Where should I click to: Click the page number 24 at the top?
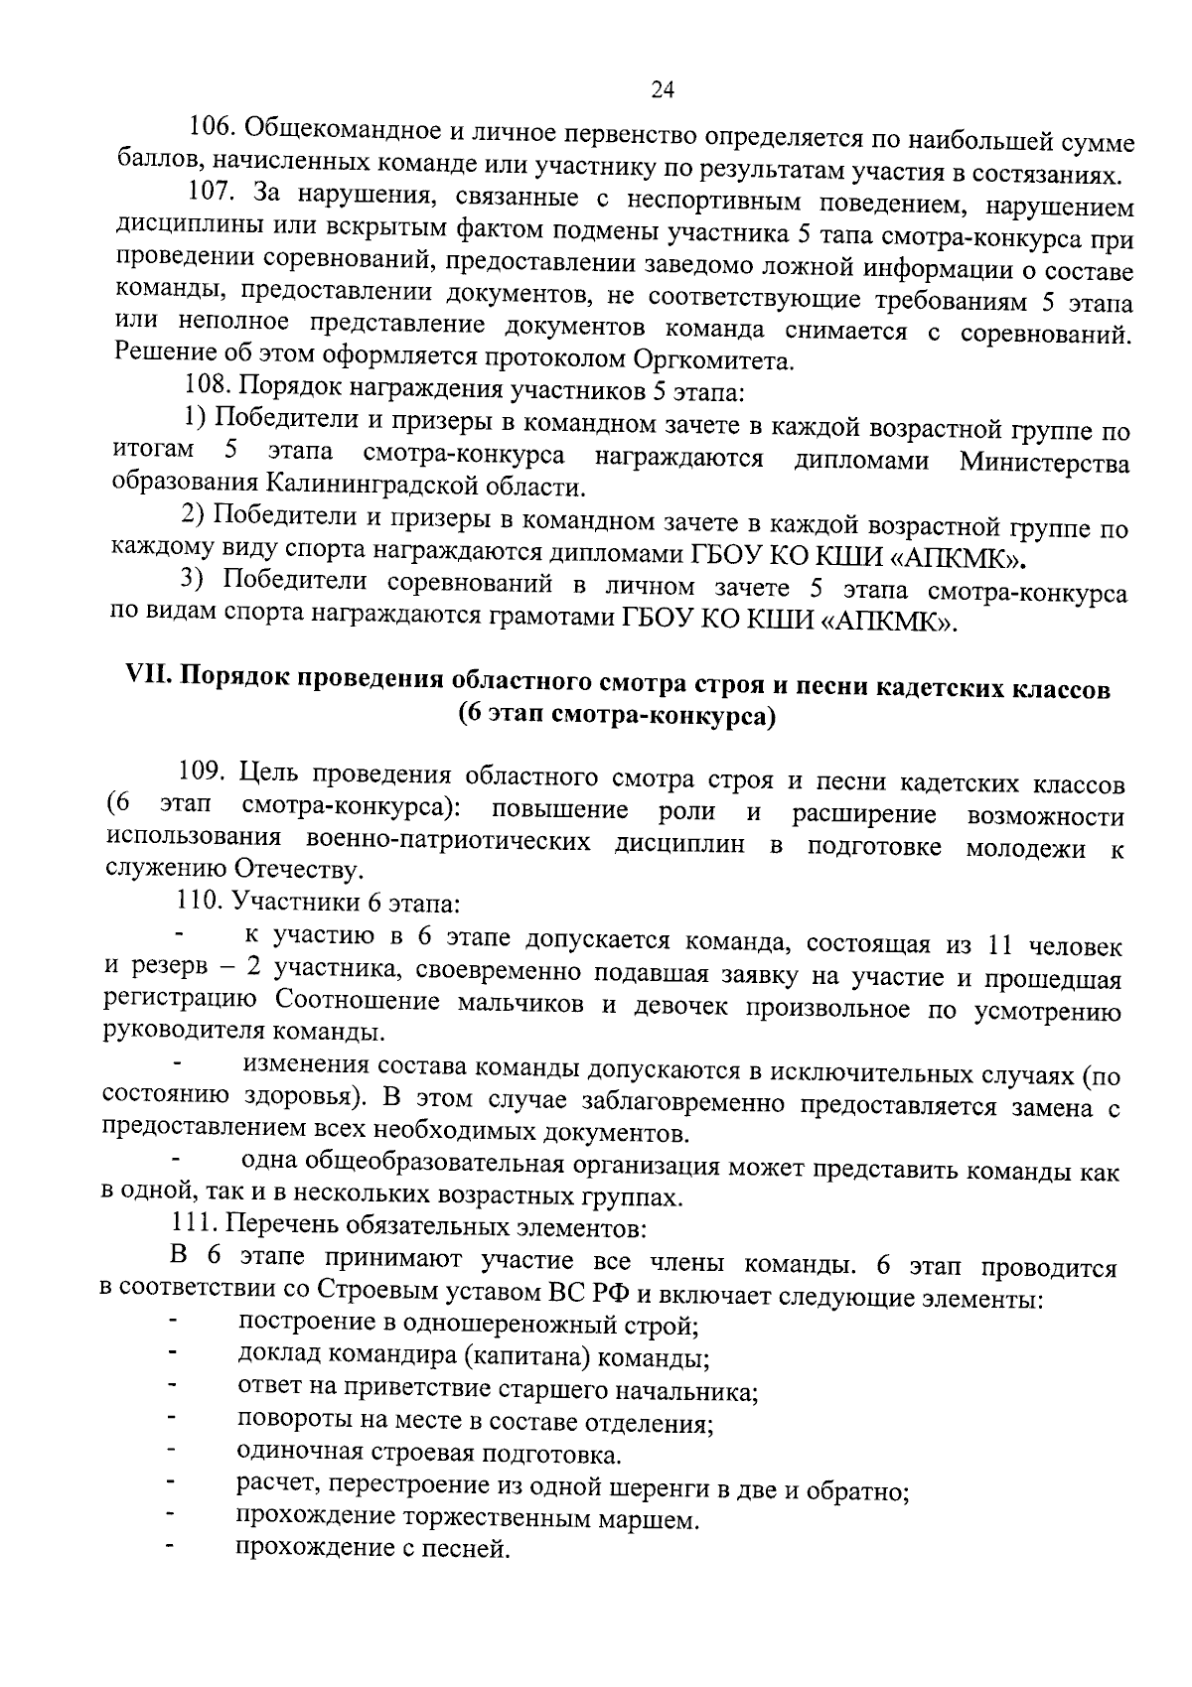coord(663,91)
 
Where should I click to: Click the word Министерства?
coord(1044,463)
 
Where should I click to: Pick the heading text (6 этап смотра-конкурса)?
coord(616,715)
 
